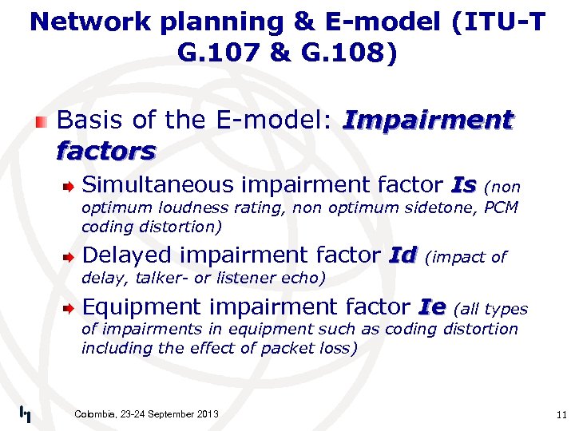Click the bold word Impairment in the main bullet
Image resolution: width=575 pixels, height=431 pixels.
tap(426, 121)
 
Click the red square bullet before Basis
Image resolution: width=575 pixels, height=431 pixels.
tap(41, 121)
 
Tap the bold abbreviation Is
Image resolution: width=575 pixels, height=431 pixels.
tap(463, 185)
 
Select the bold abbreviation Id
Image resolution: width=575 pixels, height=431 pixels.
tap(402, 255)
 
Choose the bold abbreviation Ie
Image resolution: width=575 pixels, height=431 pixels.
tap(433, 306)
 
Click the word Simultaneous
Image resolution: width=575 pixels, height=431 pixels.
tap(156, 185)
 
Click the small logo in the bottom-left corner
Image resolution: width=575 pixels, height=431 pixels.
tap(25, 413)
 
